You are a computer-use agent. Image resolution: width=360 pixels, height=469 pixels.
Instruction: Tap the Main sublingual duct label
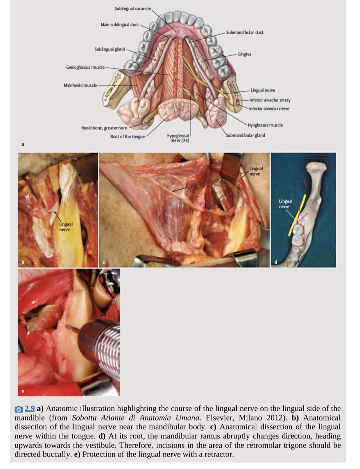(x=120, y=25)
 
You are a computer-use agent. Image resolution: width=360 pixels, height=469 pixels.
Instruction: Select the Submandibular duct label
(x=244, y=32)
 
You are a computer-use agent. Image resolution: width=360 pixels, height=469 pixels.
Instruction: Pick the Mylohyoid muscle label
(x=80, y=85)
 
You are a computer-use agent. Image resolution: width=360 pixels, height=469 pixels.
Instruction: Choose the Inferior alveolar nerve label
(x=270, y=108)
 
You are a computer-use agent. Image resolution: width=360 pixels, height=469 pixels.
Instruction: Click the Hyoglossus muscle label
(x=265, y=125)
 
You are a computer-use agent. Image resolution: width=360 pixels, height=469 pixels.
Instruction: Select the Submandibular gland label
(x=245, y=135)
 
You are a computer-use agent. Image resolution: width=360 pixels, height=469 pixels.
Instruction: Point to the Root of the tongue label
(x=127, y=136)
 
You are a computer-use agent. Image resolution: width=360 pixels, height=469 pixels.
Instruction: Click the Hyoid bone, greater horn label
(x=104, y=128)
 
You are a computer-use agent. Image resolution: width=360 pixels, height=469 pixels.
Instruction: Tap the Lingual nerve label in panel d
(x=285, y=203)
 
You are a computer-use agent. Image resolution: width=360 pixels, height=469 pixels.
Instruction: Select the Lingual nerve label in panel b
(x=64, y=227)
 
